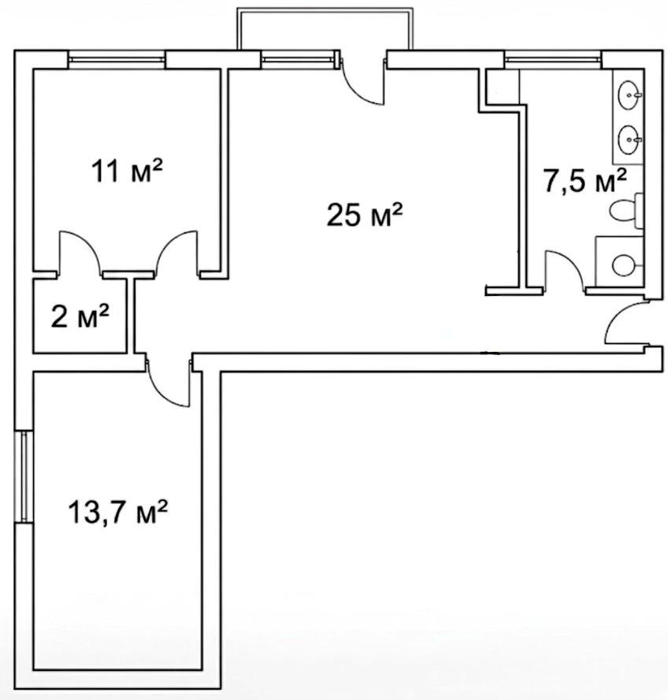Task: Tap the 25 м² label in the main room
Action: [x=365, y=214]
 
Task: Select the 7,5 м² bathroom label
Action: [x=584, y=180]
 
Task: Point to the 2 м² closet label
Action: [x=80, y=316]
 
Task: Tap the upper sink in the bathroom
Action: [x=630, y=94]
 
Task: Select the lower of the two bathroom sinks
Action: [x=630, y=139]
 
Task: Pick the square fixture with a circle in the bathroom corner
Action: [x=619, y=261]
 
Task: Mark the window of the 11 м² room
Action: [x=117, y=60]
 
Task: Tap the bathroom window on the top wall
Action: [x=553, y=60]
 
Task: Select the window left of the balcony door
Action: [x=299, y=60]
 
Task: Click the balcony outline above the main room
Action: [x=325, y=9]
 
